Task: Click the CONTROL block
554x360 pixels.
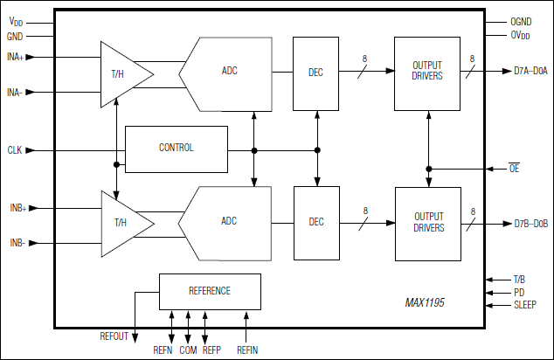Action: pos(176,148)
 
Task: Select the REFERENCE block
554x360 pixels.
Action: pos(210,291)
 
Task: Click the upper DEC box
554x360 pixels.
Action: pos(316,72)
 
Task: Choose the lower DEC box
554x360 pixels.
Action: pos(316,222)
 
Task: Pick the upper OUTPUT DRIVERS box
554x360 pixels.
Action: pos(427,70)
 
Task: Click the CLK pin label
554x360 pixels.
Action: pos(15,150)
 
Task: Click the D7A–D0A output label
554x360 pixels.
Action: pos(530,71)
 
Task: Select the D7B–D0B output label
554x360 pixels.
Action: pos(530,224)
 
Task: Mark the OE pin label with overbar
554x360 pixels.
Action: pos(514,168)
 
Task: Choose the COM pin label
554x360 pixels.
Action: pos(188,350)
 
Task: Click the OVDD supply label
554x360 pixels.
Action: pos(522,36)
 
